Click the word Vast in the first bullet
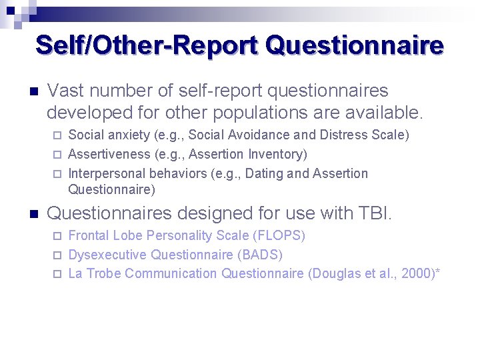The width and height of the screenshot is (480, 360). pyautogui.click(x=64, y=91)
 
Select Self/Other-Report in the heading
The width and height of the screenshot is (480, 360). pyautogui.click(x=147, y=45)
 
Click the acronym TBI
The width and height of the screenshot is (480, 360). pyautogui.click(x=374, y=214)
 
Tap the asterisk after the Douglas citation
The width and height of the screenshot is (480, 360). pyautogui.click(x=437, y=272)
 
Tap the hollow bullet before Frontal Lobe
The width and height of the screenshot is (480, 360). pyautogui.click(x=56, y=236)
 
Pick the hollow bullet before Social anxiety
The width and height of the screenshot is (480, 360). pyautogui.click(x=56, y=135)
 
